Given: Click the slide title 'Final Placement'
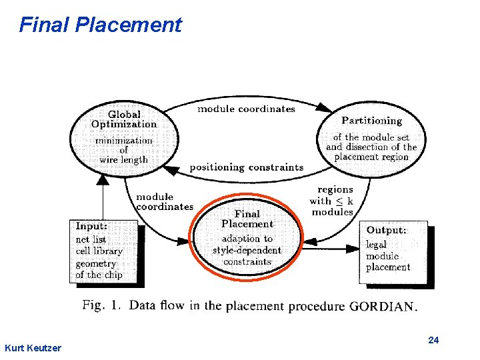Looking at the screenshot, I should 100,25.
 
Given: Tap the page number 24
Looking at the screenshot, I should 433,341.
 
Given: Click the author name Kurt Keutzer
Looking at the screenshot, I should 33,348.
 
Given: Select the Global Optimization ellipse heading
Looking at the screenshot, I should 124,119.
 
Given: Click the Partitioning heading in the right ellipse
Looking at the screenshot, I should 371,121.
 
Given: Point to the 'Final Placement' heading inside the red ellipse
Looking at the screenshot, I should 247,219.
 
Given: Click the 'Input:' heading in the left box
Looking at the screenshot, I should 91,226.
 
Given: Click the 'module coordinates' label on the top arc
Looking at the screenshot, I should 246,109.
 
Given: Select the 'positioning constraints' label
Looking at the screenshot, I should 246,167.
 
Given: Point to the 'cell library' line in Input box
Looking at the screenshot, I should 99,251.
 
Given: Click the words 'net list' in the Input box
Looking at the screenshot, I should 91,239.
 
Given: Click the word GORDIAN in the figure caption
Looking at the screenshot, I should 383,307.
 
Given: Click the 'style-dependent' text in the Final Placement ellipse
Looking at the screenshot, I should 247,250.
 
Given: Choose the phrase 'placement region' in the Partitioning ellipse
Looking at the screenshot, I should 371,157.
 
